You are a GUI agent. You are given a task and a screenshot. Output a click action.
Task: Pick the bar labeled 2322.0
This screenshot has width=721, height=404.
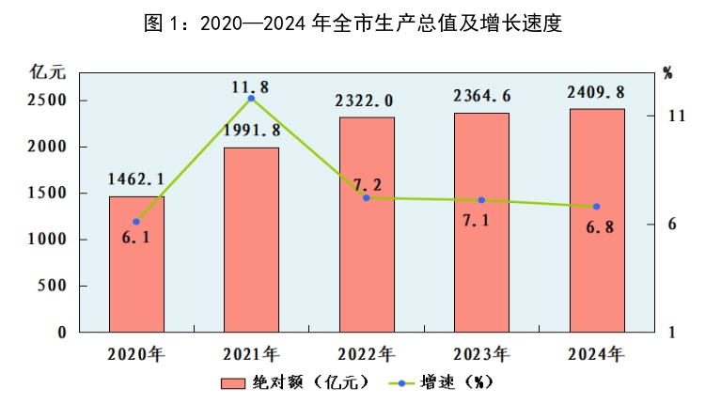point(367,225)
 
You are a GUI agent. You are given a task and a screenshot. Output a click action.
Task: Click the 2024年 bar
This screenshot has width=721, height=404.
point(597,221)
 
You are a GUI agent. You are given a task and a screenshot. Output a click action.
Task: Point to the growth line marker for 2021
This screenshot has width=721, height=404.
point(251,99)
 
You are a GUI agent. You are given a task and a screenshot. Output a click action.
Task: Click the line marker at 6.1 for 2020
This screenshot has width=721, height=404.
point(136,222)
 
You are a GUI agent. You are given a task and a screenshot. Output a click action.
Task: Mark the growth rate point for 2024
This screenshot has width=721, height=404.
point(597,207)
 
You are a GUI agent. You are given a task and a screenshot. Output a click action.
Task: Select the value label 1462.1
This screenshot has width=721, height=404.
point(136,179)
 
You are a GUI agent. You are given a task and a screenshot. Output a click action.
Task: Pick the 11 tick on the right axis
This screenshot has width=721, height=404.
point(675,116)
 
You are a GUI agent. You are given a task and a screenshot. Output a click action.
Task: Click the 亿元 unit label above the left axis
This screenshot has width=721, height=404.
point(47,71)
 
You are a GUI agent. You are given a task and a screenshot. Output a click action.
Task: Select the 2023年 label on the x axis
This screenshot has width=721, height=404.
point(481,354)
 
